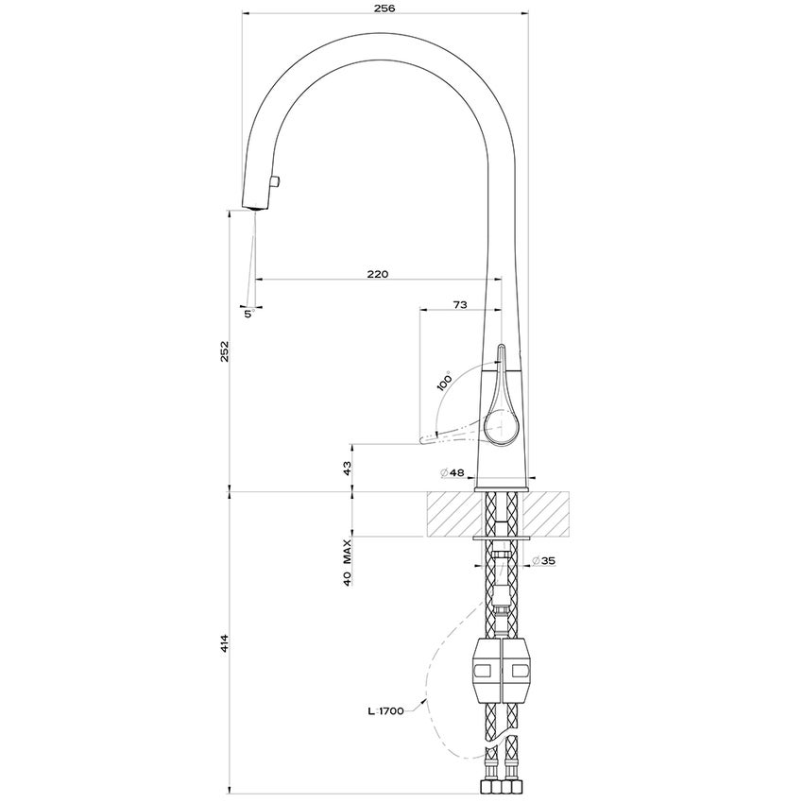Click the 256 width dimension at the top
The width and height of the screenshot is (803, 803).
pyautogui.click(x=384, y=8)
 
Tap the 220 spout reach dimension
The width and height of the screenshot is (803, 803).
pyautogui.click(x=377, y=273)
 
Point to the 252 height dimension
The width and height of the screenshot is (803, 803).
pyautogui.click(x=224, y=350)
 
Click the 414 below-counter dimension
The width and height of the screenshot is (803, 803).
pyautogui.click(x=224, y=645)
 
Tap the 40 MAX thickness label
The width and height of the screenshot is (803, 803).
pyautogui.click(x=347, y=565)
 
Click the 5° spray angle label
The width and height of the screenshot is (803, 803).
pyautogui.click(x=248, y=314)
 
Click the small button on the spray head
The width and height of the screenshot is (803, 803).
pyautogui.click(x=276, y=180)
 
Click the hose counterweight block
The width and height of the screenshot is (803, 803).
pyautogui.click(x=501, y=671)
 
